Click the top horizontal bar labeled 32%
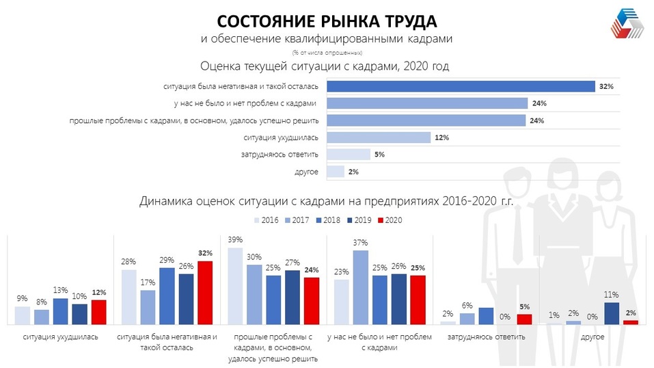pyautogui.click(x=461, y=86)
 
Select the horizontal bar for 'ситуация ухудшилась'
pyautogui.click(x=378, y=137)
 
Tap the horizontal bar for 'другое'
pyautogui.click(x=335, y=172)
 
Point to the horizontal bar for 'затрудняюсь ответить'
pyautogui.click(x=348, y=155)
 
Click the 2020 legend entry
pyautogui.click(x=390, y=220)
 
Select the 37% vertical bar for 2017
pyautogui.click(x=360, y=287)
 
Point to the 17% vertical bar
pyautogui.click(x=148, y=307)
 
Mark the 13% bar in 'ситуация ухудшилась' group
pyautogui.click(x=61, y=311)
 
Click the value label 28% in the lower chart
pyautogui.click(x=128, y=261)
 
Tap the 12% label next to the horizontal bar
pyautogui.click(x=441, y=137)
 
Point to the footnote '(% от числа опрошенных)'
pyautogui.click(x=326, y=53)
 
